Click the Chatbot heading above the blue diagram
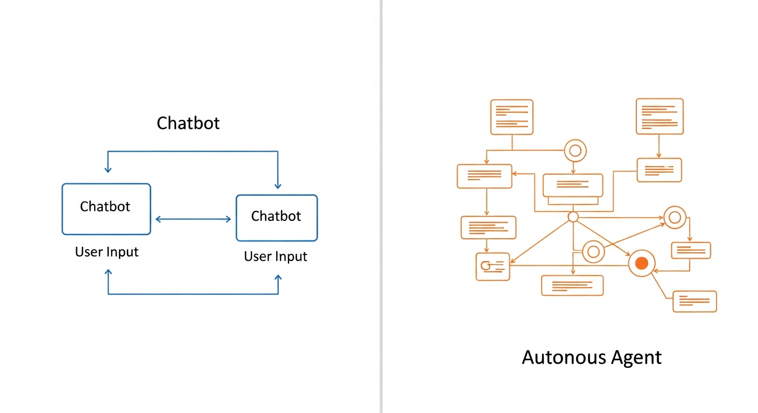click(x=188, y=123)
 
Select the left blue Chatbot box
click(x=106, y=209)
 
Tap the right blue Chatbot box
click(x=277, y=218)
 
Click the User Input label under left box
click(x=107, y=252)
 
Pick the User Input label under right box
click(x=276, y=257)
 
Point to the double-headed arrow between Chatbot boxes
click(x=193, y=219)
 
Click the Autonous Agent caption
click(x=592, y=357)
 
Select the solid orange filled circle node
click(x=641, y=264)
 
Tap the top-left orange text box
click(x=511, y=117)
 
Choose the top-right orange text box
click(x=659, y=116)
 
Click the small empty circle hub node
click(x=573, y=217)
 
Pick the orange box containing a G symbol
click(x=493, y=267)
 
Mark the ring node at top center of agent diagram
click(x=575, y=151)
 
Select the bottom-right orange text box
click(x=694, y=301)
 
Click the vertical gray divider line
click(x=381, y=206)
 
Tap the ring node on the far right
click(x=673, y=217)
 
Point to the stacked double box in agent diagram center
click(x=573, y=189)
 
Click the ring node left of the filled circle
click(x=593, y=251)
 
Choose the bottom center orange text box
click(x=572, y=286)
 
